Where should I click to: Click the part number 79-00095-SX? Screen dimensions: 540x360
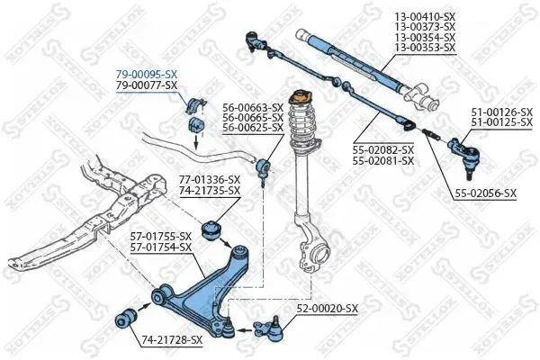coord(147,74)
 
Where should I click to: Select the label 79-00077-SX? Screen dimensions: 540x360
coord(147,85)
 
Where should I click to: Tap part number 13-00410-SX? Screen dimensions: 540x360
coord(425,16)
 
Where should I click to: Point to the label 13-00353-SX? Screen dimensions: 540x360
coord(425,47)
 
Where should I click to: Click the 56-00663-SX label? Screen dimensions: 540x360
coord(253,107)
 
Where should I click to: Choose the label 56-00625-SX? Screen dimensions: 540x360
coord(253,128)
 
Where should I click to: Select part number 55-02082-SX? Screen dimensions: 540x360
coord(383,150)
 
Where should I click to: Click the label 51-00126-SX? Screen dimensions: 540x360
coord(502,112)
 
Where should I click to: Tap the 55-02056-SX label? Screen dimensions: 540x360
coord(486,193)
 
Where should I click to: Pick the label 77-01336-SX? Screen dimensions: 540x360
coord(210,180)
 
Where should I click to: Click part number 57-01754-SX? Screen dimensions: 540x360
coord(160,247)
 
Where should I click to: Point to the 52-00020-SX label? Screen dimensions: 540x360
coord(328,309)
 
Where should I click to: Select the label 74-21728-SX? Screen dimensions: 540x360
coord(172,340)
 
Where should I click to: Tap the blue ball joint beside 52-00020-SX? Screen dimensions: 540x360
coord(270,329)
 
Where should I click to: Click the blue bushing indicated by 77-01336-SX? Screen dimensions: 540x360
coord(211,230)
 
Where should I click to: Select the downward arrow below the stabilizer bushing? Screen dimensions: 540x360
coord(196,141)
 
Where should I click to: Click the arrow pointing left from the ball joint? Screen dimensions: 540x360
coord(246,330)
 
